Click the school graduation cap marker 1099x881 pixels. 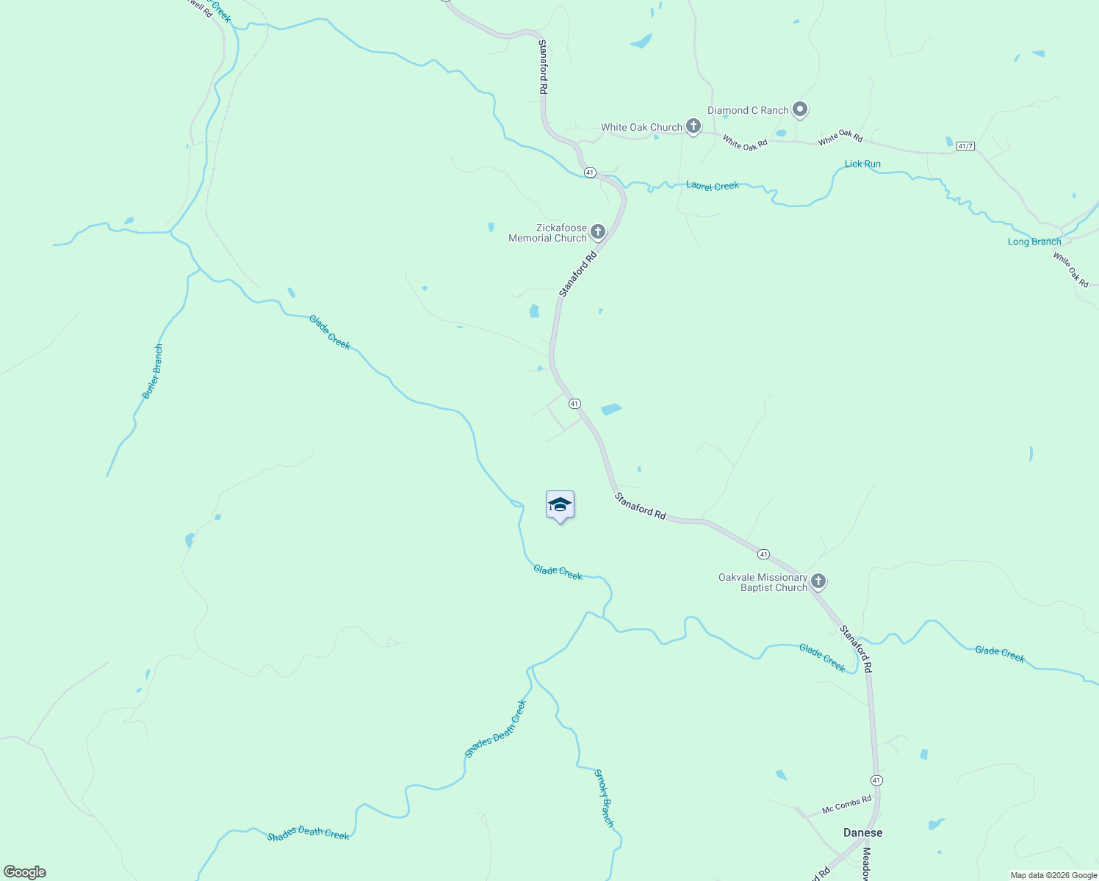click(x=560, y=505)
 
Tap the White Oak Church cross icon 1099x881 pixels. click(x=693, y=126)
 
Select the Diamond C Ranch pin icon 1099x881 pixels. click(x=800, y=110)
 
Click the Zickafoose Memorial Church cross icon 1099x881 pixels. click(x=598, y=233)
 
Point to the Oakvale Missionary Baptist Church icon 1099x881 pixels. click(x=818, y=581)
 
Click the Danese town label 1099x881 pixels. click(x=862, y=833)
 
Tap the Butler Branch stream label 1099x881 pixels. click(x=153, y=371)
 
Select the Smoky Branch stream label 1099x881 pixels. click(x=604, y=798)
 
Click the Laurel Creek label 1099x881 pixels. click(x=712, y=186)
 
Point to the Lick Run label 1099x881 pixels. click(x=862, y=164)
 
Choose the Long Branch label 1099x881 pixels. click(x=1034, y=242)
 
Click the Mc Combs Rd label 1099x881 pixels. click(x=846, y=805)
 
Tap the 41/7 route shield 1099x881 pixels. click(x=965, y=146)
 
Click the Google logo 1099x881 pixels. click(x=25, y=872)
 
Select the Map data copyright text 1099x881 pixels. click(x=1053, y=875)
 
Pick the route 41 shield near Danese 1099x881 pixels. click(x=876, y=780)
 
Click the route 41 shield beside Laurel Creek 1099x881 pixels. click(x=590, y=172)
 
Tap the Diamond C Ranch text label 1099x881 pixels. click(x=748, y=110)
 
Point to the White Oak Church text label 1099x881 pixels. click(x=641, y=127)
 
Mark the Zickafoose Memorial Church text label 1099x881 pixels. click(x=548, y=233)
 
